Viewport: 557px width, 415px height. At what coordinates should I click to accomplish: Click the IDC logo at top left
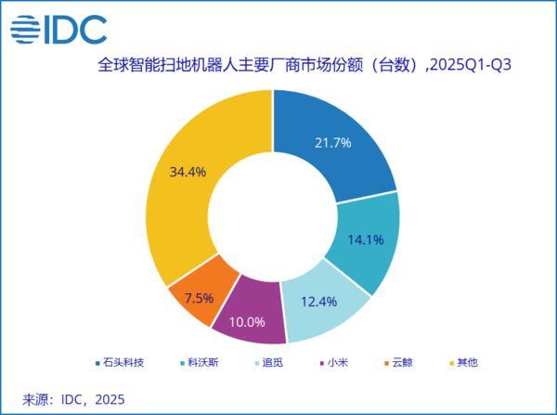tap(58, 28)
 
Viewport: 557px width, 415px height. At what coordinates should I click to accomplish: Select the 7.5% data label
tap(199, 298)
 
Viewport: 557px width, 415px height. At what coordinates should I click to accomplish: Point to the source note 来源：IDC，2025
tap(72, 398)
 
